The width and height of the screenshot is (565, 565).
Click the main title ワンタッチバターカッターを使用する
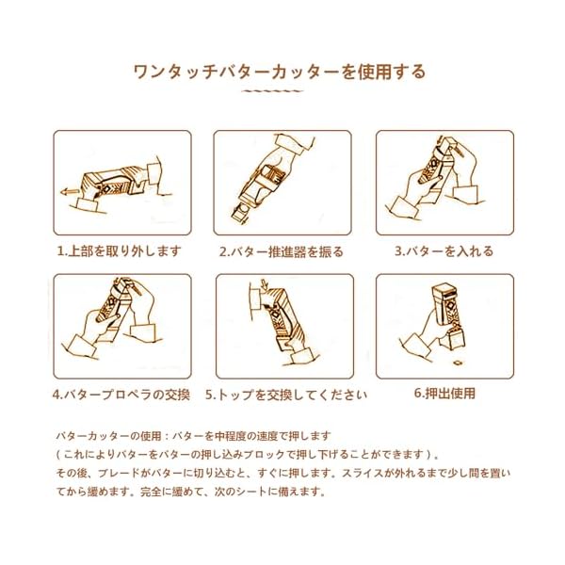pyautogui.click(x=280, y=72)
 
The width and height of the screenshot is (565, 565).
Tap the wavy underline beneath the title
pyautogui.click(x=272, y=91)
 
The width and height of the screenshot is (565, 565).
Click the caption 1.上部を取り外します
pyautogui.click(x=120, y=251)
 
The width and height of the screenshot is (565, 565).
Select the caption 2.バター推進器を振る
pyautogui.click(x=282, y=251)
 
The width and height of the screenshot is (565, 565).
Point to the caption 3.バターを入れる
pyautogui.click(x=444, y=251)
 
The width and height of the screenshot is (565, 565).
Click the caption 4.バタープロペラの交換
pyautogui.click(x=121, y=395)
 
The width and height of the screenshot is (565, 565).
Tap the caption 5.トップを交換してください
pyautogui.click(x=286, y=395)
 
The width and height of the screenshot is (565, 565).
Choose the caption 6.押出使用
pyautogui.click(x=444, y=393)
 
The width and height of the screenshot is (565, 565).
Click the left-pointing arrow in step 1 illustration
pyautogui.click(x=69, y=192)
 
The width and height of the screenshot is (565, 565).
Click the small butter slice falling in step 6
pyautogui.click(x=458, y=363)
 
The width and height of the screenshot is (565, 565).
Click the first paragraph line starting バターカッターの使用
pyautogui.click(x=193, y=436)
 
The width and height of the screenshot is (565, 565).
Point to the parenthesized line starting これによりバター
pyautogui.click(x=247, y=455)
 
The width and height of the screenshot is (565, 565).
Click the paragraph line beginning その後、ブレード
pyautogui.click(x=283, y=473)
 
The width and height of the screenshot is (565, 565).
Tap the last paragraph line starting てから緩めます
pyautogui.click(x=191, y=492)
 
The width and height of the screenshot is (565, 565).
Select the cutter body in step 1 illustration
pyautogui.click(x=114, y=182)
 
